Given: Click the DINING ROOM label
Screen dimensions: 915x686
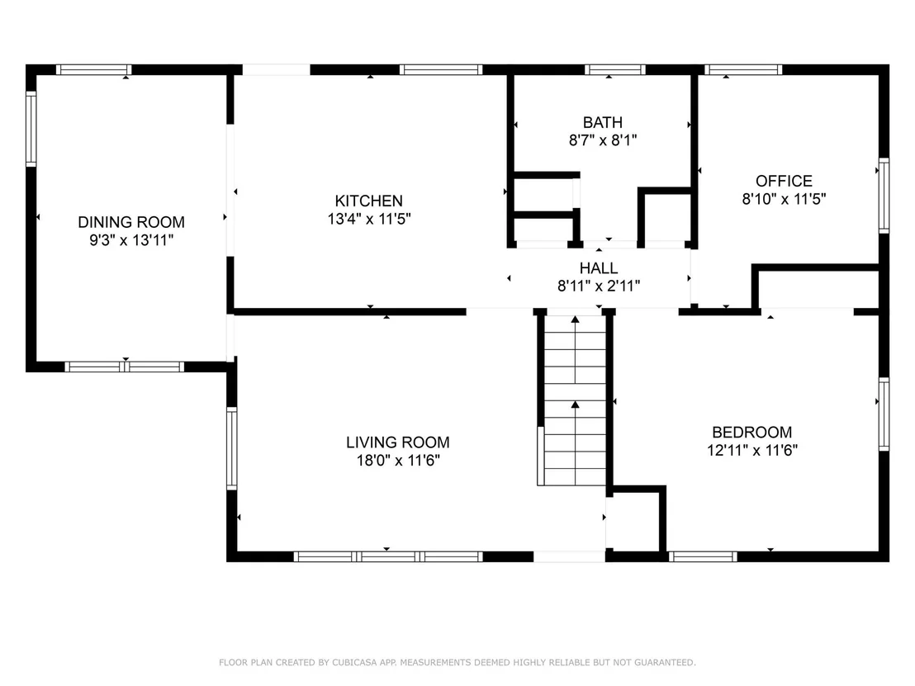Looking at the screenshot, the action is (x=131, y=222).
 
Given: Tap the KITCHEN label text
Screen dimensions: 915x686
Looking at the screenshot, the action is (x=369, y=201).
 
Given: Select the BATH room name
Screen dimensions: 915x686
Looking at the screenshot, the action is (x=603, y=122).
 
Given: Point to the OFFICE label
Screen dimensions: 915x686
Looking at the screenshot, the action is (x=784, y=181).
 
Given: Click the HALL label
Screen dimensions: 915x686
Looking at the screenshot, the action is (x=599, y=268).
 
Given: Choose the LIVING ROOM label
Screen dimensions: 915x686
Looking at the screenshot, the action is (x=398, y=442).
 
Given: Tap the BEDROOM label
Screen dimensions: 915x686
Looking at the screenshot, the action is (x=752, y=433).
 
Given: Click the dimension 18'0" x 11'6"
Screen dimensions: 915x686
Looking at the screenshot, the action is (x=398, y=461).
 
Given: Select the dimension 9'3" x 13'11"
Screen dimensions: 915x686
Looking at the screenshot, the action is (x=131, y=239).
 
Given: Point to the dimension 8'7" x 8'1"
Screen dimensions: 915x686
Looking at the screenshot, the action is (x=603, y=140).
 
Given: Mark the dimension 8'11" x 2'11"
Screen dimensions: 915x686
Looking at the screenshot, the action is (x=599, y=286).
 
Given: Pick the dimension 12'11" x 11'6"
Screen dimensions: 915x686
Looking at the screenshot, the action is (x=752, y=451).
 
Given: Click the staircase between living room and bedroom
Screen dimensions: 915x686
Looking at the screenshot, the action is (x=576, y=400).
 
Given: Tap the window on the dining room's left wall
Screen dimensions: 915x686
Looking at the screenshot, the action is (x=31, y=128).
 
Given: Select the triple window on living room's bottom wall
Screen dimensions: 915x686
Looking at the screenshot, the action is (x=388, y=556).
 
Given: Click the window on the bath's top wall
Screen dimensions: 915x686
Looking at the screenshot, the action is (x=615, y=70).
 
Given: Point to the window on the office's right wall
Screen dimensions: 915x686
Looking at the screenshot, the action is (x=884, y=196).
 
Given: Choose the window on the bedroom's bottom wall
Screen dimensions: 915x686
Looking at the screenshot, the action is (x=703, y=556).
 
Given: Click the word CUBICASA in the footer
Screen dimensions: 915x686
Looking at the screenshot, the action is (x=354, y=662).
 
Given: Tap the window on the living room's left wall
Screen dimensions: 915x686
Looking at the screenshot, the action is (x=232, y=448).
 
